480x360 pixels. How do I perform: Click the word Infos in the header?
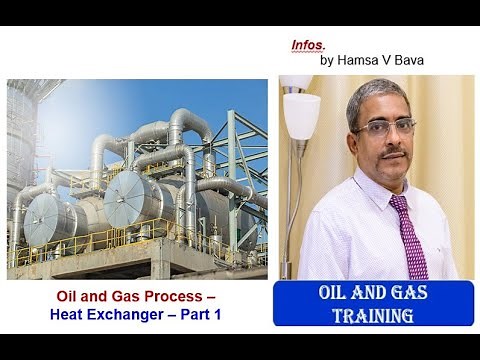coord(308,45)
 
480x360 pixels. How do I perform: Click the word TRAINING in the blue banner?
coord(373,315)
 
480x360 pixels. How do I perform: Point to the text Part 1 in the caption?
coord(203,315)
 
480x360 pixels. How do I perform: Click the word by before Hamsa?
coord(327,60)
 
